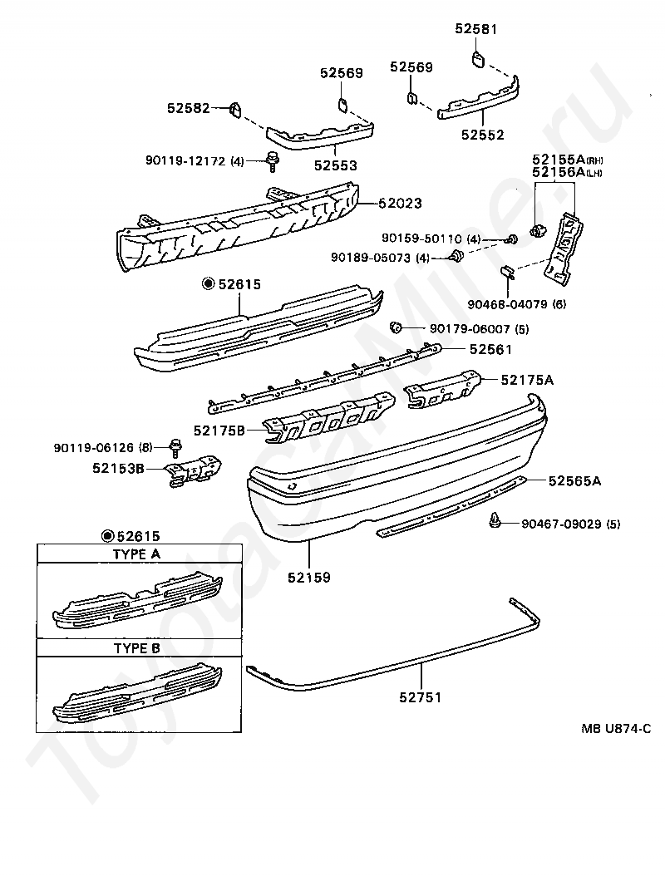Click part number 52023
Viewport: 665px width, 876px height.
click(x=401, y=202)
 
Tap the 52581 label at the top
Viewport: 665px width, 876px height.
click(x=475, y=28)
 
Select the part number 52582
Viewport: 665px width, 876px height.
click(x=188, y=108)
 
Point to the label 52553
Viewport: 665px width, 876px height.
click(x=337, y=165)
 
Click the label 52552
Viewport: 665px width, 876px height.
click(x=483, y=134)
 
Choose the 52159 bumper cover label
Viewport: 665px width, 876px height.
click(x=309, y=576)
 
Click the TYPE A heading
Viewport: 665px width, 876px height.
click(x=136, y=554)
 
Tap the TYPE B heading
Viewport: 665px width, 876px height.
click(x=136, y=647)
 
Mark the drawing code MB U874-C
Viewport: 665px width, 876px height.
click(x=616, y=728)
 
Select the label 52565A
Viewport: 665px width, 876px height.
click(x=574, y=480)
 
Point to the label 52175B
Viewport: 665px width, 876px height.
click(x=219, y=431)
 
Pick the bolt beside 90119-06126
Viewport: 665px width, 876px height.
click(x=175, y=446)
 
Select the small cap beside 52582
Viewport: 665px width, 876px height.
click(x=234, y=108)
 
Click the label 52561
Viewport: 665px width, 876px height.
click(x=490, y=350)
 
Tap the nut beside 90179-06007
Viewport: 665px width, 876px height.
click(x=397, y=327)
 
